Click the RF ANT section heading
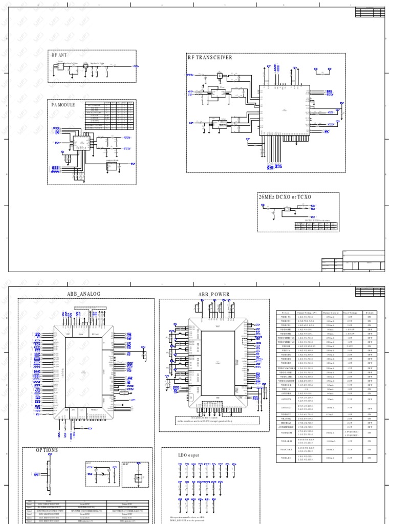(x=59, y=55)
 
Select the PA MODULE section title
(x=63, y=104)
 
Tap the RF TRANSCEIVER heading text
(x=210, y=58)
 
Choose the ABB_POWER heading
(x=214, y=295)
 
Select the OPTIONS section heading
(x=47, y=450)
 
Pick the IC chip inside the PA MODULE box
(x=80, y=143)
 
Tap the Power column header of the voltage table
(x=286, y=312)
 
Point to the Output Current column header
(x=333, y=312)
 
